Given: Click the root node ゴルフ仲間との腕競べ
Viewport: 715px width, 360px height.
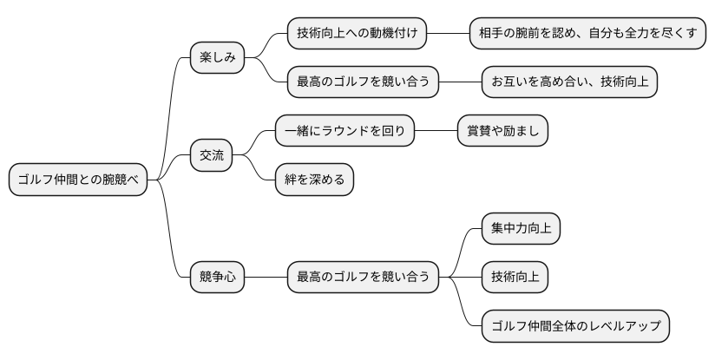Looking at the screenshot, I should pos(78,180).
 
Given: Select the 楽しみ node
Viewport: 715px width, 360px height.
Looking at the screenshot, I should pos(217,58).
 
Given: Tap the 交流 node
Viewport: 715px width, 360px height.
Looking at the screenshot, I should pos(212,155).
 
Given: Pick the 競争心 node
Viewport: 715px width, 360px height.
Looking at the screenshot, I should pos(217,278).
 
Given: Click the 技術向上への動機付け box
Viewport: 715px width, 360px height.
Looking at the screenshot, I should pos(357,34).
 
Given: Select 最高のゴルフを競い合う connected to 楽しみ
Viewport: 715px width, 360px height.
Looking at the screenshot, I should pos(363,82).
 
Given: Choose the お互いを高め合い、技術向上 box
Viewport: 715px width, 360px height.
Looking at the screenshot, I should pos(569,82).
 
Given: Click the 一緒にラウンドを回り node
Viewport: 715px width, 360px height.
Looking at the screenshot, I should pos(344,131).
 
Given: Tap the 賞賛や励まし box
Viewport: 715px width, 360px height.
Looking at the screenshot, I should pos(502,131).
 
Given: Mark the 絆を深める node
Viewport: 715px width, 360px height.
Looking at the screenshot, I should pos(314,180).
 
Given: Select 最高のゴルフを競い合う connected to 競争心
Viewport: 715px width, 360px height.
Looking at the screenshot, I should pos(363,278).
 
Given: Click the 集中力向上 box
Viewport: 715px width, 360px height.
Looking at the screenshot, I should pos(521,229).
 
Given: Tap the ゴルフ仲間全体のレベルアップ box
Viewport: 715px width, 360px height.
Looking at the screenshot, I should pos(575,326).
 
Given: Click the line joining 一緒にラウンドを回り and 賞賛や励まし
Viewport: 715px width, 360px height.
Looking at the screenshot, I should pos(436,131).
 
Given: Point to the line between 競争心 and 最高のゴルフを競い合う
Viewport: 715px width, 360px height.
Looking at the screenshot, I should pos(266,278).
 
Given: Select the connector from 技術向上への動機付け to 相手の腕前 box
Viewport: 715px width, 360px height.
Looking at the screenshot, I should pos(448,34).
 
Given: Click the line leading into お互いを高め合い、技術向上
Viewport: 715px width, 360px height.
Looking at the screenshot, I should pos(460,82).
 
